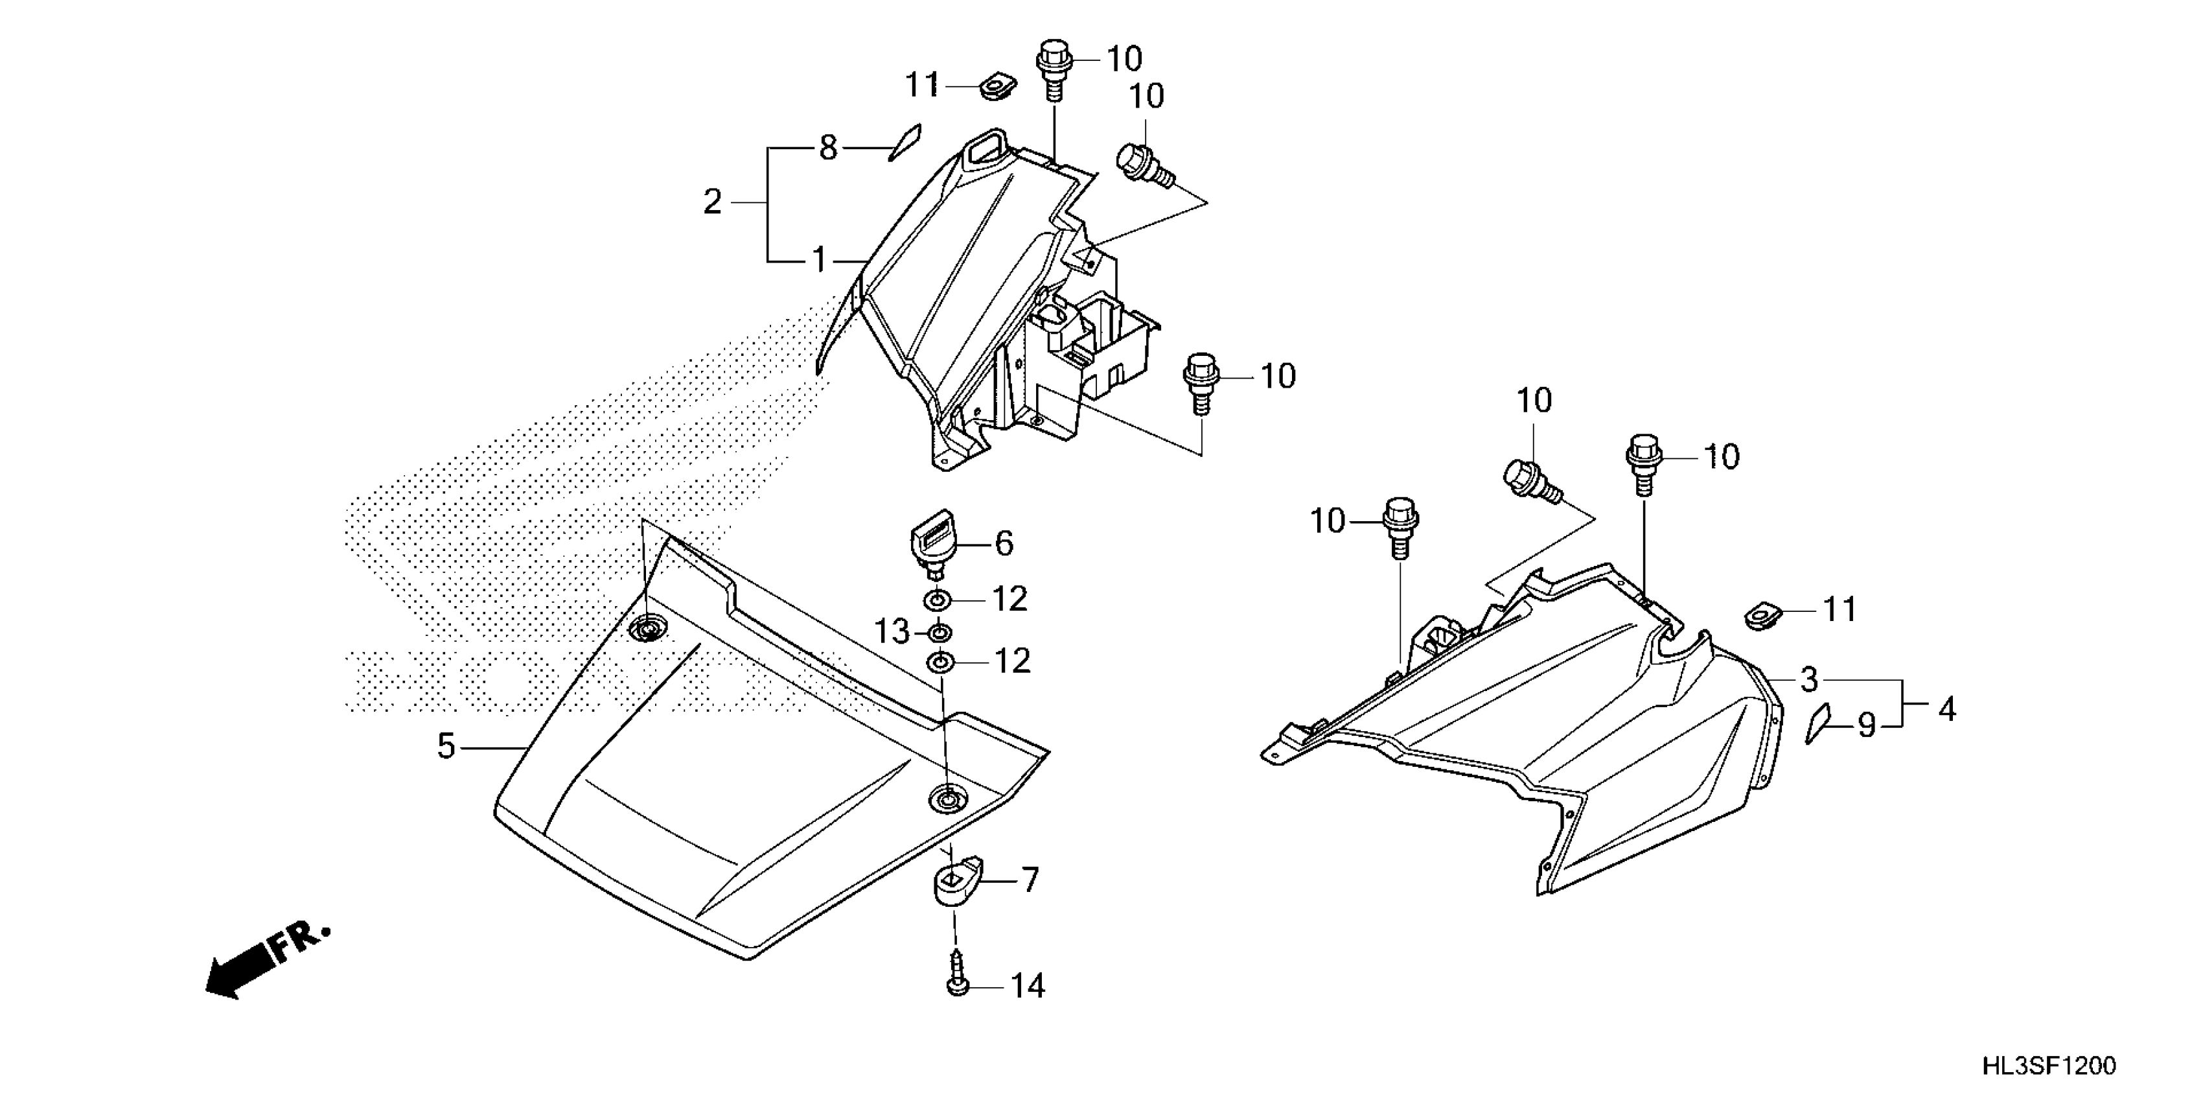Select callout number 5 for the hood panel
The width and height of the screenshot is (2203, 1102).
(x=446, y=747)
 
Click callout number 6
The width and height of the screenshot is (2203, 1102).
(x=1004, y=543)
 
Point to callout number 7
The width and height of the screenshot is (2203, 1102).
(x=1030, y=880)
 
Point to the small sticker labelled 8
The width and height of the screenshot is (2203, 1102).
(x=904, y=142)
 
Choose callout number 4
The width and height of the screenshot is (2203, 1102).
(x=1947, y=709)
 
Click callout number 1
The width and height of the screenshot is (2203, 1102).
(x=819, y=259)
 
